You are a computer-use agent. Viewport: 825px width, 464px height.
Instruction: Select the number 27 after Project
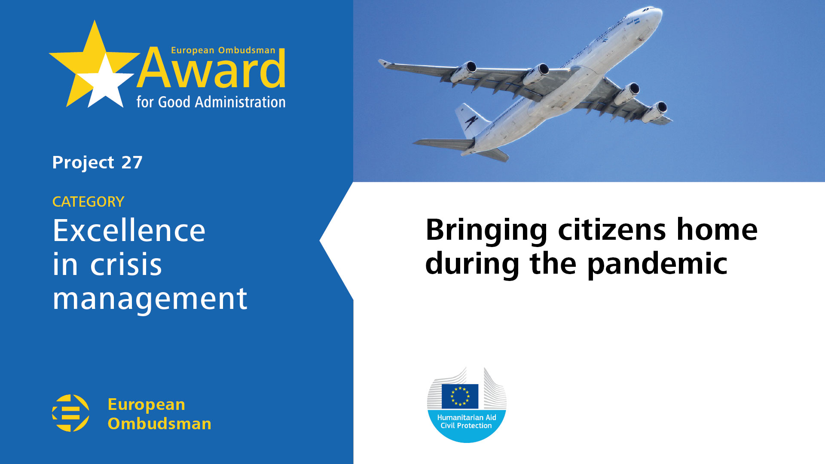tap(131, 162)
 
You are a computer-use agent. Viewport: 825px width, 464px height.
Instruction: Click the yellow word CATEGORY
tap(88, 201)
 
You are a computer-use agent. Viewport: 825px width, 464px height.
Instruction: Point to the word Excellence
tap(129, 230)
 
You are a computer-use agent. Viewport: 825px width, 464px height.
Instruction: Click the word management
tap(150, 299)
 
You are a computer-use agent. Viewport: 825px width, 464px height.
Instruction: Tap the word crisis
tap(126, 264)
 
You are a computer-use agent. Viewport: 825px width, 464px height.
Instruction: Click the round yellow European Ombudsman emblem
tap(71, 413)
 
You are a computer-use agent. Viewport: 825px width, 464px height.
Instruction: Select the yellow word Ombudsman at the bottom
tap(159, 424)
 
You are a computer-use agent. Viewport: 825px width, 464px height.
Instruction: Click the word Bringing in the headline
tap(486, 231)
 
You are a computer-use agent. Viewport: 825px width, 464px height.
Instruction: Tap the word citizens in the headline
tap(612, 229)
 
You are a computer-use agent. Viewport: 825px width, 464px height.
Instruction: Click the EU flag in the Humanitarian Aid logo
tap(460, 396)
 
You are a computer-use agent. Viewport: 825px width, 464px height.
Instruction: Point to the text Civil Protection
tap(466, 426)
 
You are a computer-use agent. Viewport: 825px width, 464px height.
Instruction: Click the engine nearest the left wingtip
tap(464, 72)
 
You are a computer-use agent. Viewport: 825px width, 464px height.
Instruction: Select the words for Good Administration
tap(211, 102)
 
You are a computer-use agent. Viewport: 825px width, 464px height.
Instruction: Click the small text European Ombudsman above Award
tap(223, 50)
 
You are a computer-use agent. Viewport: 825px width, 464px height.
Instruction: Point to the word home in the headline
tap(717, 229)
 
